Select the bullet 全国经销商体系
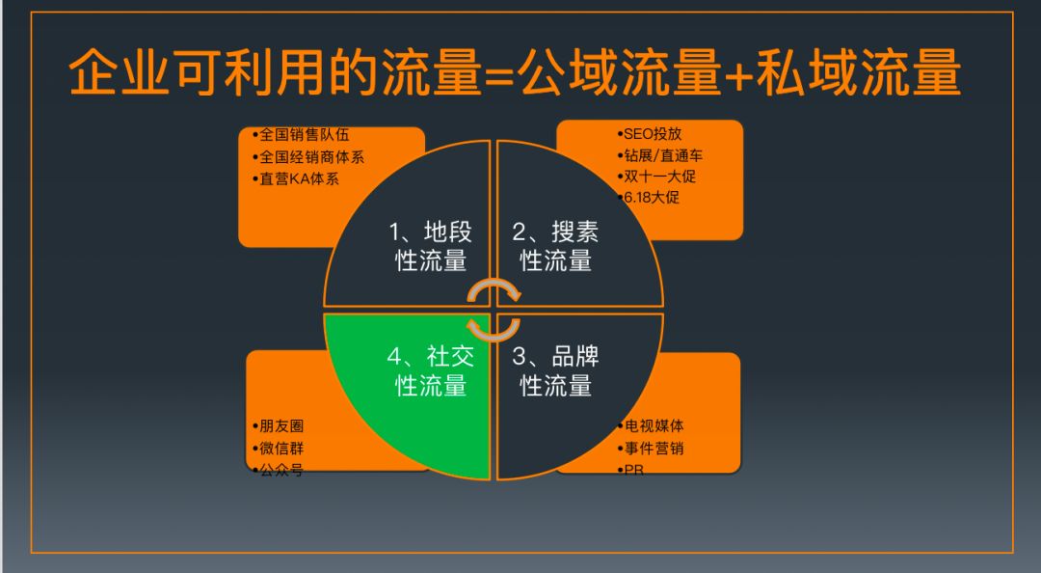(307, 156)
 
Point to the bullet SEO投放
(654, 134)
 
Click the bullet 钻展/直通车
(666, 155)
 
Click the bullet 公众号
(280, 471)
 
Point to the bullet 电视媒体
(654, 425)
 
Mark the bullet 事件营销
(654, 449)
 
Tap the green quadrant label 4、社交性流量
(431, 370)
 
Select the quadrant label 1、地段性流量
(431, 246)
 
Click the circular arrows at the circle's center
(494, 310)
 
